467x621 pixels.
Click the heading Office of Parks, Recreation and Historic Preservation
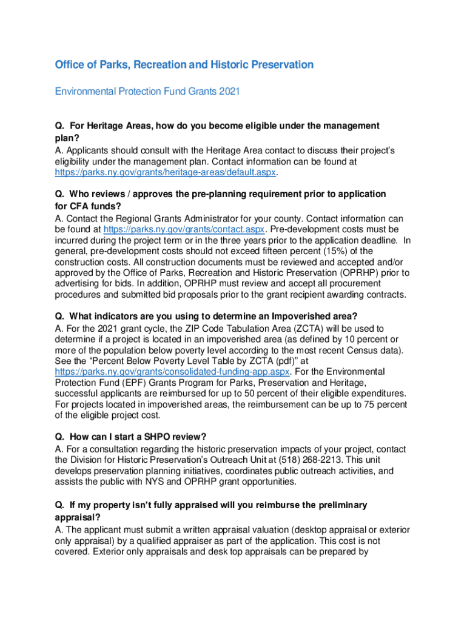(184, 65)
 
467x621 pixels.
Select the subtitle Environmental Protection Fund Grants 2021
(147, 92)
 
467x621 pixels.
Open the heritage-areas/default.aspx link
(166, 173)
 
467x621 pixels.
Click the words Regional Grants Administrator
(160, 218)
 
